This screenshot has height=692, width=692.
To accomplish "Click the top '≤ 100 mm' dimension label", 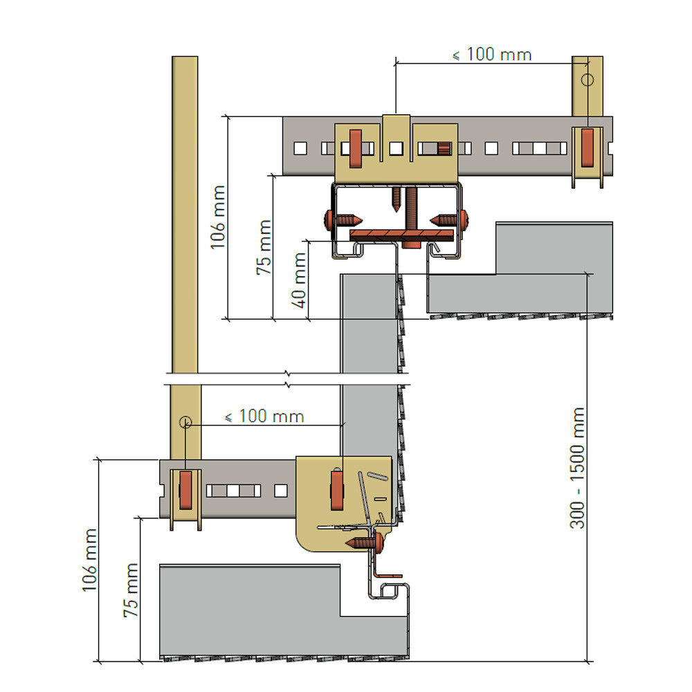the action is point(492,55).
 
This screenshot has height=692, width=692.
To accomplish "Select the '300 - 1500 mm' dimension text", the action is point(577,468).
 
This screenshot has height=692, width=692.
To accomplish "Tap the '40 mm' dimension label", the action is point(299,280).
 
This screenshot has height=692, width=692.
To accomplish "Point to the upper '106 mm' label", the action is point(217,217).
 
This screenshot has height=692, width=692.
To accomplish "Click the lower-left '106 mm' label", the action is point(89,560).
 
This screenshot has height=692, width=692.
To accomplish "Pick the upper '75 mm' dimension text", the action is point(264,248).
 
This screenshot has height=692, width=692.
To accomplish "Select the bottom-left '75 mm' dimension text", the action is point(131,590).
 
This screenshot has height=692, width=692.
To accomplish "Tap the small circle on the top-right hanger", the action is point(587,80).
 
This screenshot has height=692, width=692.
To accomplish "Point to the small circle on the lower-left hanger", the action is point(185,422).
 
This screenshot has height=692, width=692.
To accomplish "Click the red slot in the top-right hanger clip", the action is point(587,148).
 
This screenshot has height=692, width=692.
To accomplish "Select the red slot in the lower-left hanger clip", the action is point(185,491).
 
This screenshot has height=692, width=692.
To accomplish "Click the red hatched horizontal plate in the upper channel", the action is point(401,235).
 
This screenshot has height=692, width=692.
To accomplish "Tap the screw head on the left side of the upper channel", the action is point(329,219).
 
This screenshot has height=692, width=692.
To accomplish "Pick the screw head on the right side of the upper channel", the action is point(464,219).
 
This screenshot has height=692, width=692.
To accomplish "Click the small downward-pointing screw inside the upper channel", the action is point(397,199).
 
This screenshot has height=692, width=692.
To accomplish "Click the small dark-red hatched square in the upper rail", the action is point(444,148).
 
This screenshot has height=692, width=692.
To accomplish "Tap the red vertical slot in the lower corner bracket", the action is point(337,491).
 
